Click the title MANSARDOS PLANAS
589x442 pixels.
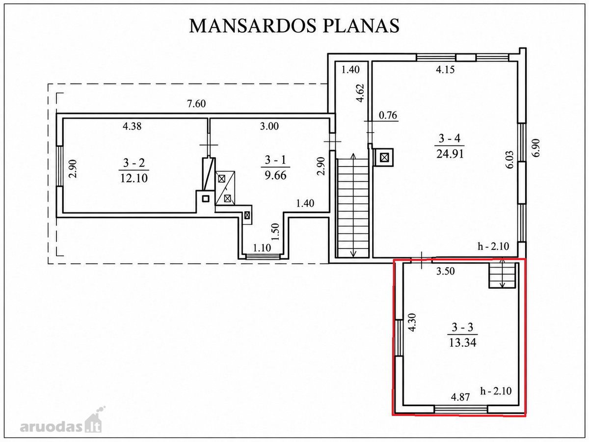pyautogui.click(x=294, y=26)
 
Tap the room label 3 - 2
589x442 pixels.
pyautogui.click(x=134, y=163)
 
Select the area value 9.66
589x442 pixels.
pyautogui.click(x=275, y=175)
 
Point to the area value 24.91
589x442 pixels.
pyautogui.click(x=450, y=154)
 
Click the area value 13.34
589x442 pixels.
pyautogui.click(x=463, y=343)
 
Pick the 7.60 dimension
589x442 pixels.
pyautogui.click(x=196, y=104)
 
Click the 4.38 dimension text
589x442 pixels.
pyautogui.click(x=132, y=126)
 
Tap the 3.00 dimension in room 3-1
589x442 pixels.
pyautogui.click(x=269, y=126)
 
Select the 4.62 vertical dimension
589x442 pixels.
pyautogui.click(x=360, y=93)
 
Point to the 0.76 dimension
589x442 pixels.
pyautogui.click(x=388, y=115)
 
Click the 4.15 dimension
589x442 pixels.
pyautogui.click(x=446, y=70)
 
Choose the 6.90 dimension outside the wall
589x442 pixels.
pyautogui.click(x=536, y=148)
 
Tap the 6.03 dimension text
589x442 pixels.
pyautogui.click(x=510, y=160)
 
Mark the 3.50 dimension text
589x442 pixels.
pyautogui.click(x=446, y=271)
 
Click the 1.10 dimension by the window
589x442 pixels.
pyautogui.click(x=262, y=248)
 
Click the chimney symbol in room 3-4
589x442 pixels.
pyautogui.click(x=384, y=157)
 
